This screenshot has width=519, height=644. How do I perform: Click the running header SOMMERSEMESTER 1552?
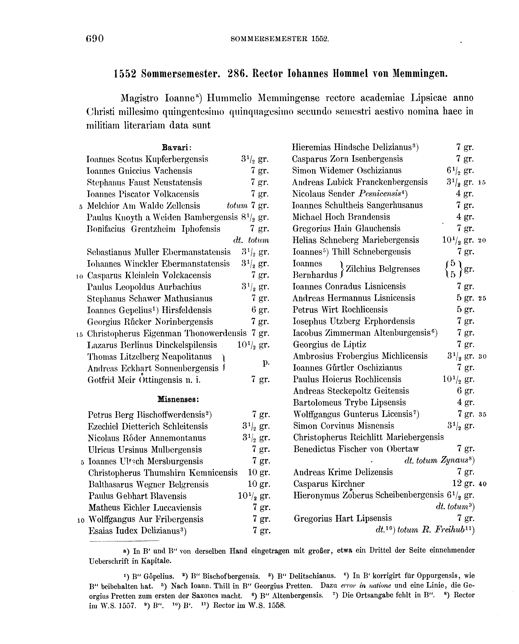[280, 39]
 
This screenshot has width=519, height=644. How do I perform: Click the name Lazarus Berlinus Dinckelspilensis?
[152, 345]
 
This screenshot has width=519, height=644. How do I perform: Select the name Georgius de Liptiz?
[330, 344]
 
